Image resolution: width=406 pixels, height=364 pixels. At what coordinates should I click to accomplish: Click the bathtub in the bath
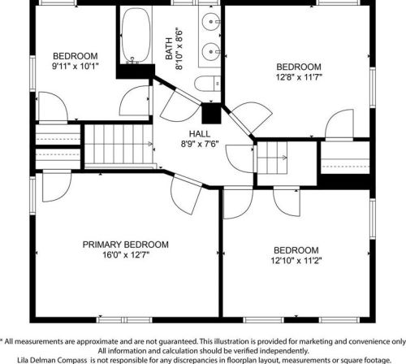[x=136, y=36]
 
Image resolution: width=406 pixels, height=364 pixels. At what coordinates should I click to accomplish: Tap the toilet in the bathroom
[x=208, y=84]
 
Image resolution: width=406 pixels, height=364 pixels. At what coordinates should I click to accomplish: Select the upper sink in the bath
[x=211, y=22]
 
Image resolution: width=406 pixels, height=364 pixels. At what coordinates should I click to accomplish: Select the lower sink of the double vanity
[x=211, y=51]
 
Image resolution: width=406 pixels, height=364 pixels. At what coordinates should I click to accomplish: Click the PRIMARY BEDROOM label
[x=126, y=245]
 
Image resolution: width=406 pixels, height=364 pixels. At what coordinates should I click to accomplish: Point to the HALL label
[x=200, y=133]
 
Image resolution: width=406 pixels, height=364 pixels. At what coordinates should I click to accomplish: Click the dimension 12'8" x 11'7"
[x=299, y=77]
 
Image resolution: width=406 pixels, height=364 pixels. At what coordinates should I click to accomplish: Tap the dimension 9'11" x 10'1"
[x=76, y=66]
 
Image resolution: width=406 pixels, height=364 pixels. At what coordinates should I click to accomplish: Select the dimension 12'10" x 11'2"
[x=296, y=261]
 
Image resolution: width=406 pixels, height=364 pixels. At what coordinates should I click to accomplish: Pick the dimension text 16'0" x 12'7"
[x=126, y=255]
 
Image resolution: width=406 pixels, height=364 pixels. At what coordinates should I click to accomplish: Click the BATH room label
[x=169, y=49]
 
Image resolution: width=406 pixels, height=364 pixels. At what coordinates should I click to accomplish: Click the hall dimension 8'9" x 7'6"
[x=200, y=144]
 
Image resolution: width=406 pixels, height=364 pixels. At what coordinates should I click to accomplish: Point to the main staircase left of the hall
[x=119, y=144]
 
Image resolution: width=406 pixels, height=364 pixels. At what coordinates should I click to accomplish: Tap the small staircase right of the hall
[x=272, y=158]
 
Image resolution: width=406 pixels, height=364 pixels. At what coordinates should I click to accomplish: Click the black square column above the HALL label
[x=211, y=114]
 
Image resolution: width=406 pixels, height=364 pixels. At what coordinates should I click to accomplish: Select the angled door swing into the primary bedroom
[x=186, y=194]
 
